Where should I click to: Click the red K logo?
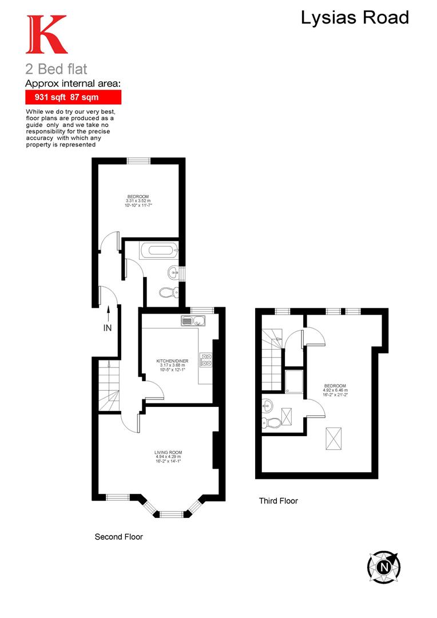click(x=46, y=35)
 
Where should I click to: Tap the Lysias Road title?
click(x=355, y=18)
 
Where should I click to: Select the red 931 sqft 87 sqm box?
click(x=73, y=97)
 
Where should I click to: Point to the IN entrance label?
click(x=108, y=328)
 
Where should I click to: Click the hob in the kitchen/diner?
click(x=205, y=359)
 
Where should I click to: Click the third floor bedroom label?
click(x=335, y=389)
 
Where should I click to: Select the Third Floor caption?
click(x=279, y=501)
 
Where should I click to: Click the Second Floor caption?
click(x=118, y=537)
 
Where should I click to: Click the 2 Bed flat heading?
click(x=56, y=69)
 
